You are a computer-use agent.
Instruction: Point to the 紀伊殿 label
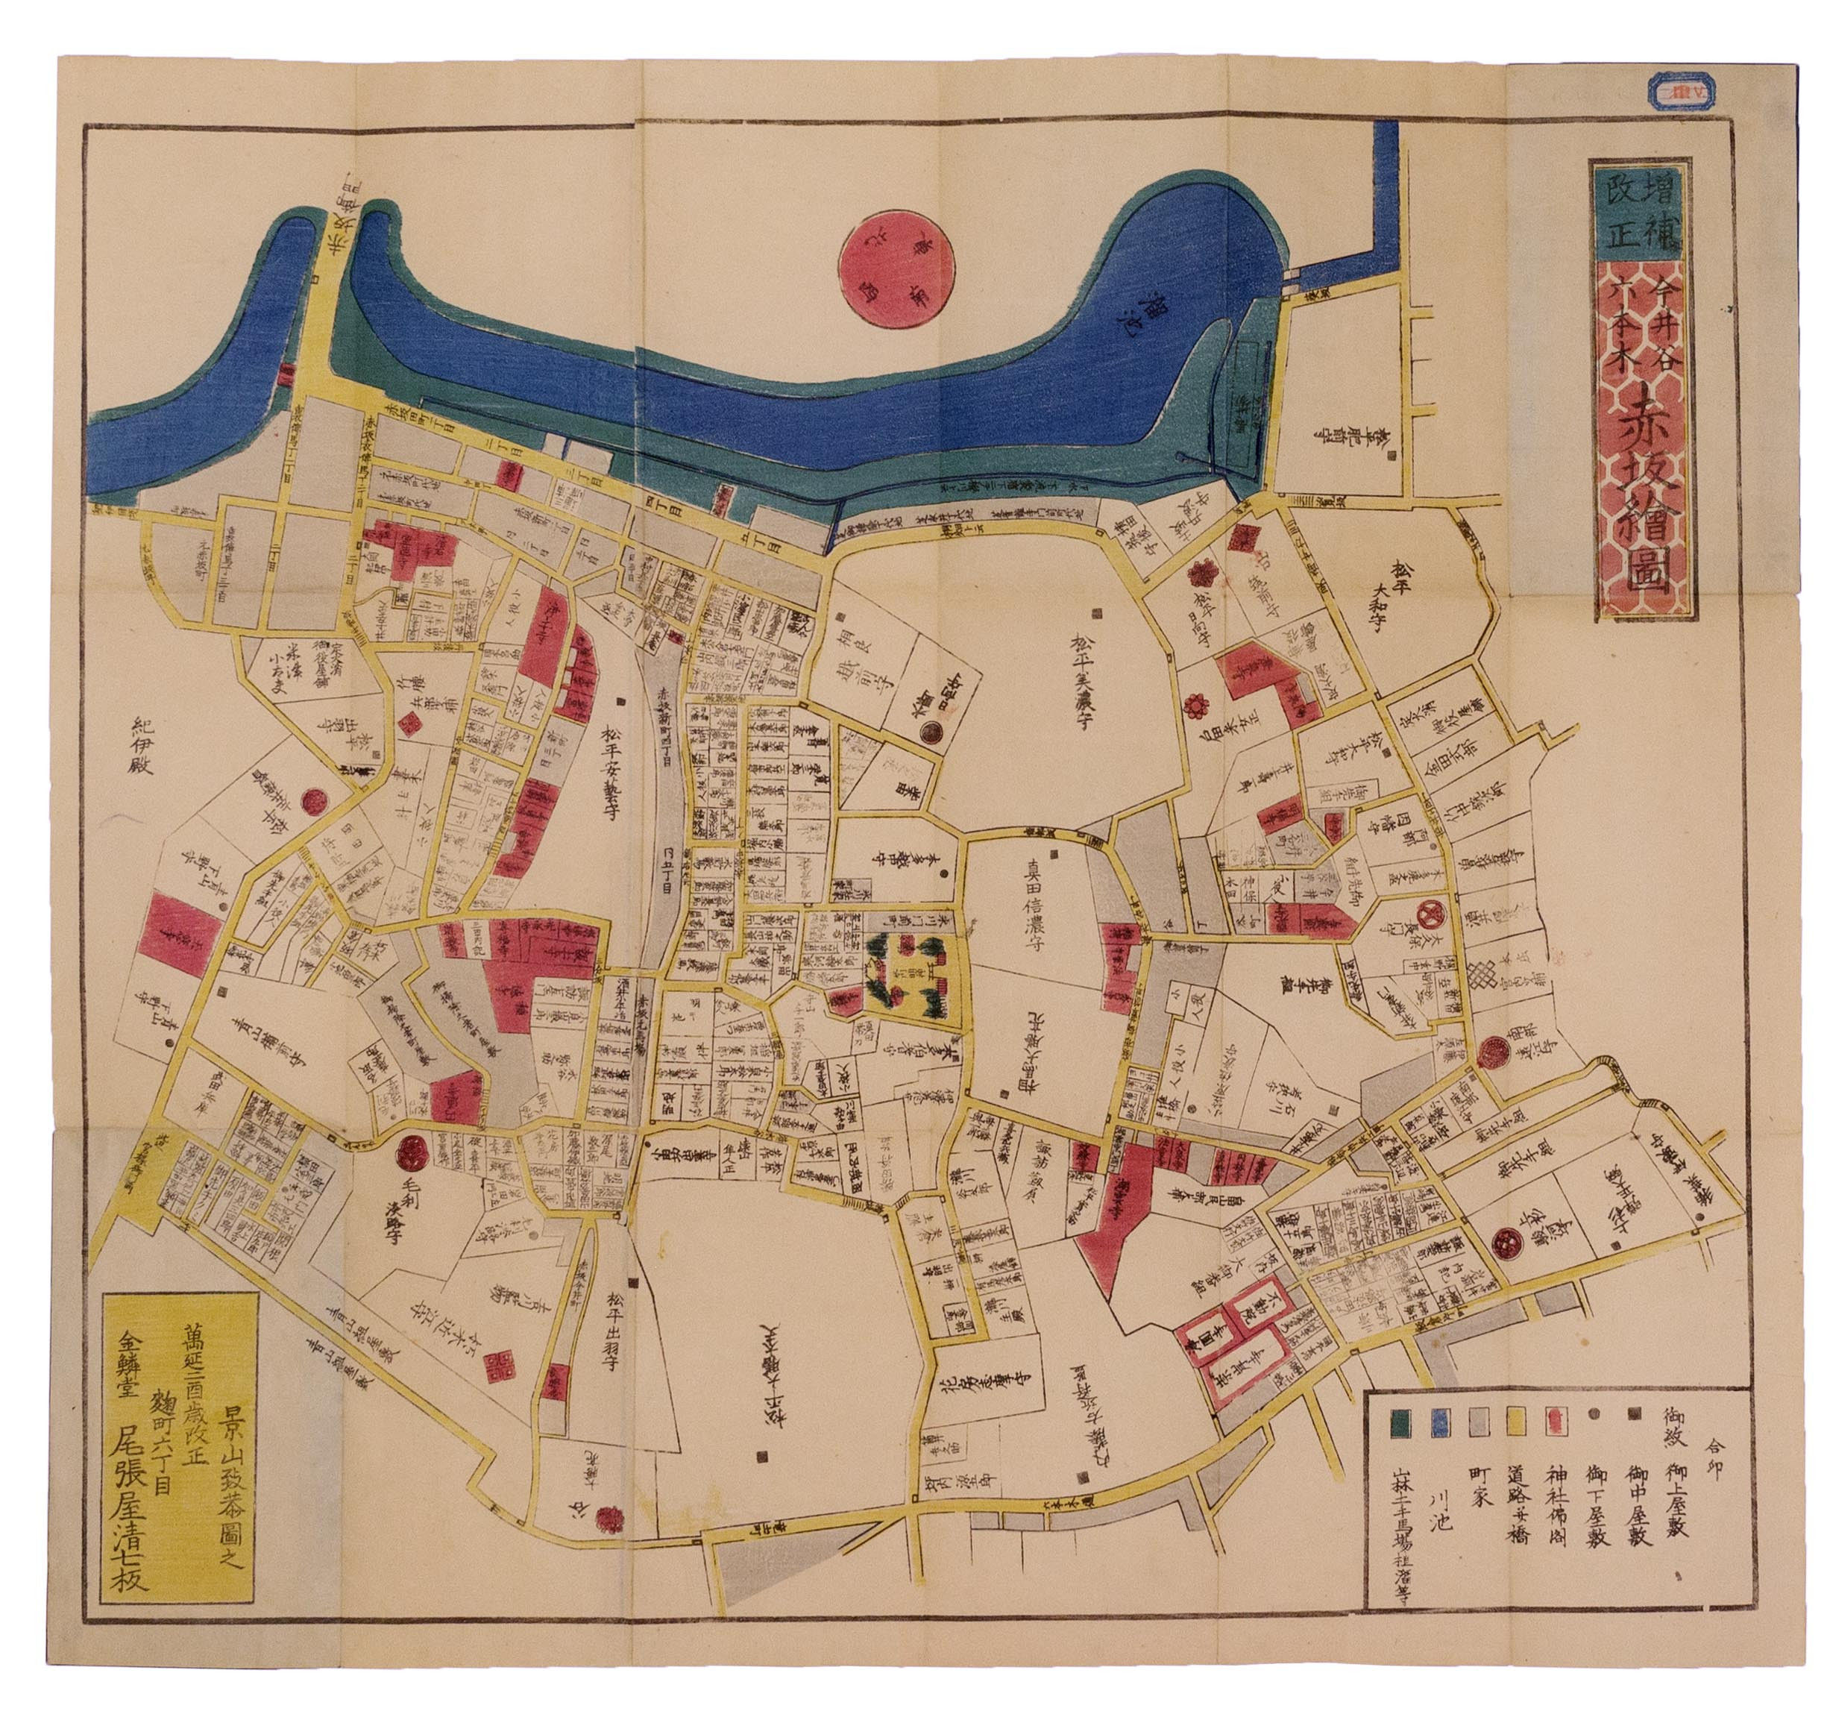[x=148, y=747]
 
